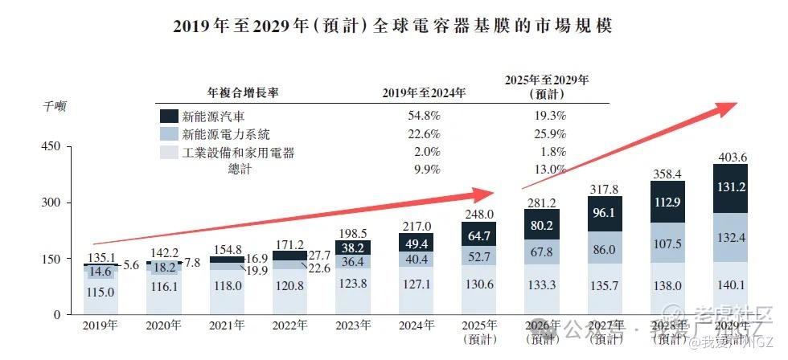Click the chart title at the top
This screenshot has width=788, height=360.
coord(393,26)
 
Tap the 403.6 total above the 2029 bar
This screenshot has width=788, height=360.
coord(730,157)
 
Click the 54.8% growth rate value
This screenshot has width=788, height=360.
coord(424,116)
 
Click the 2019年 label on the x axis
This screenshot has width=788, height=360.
coord(100,326)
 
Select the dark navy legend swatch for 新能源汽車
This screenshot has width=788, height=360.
coord(168,116)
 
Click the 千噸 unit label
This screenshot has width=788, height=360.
coord(55,105)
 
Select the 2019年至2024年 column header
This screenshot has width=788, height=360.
coord(424,92)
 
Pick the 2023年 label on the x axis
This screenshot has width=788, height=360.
coord(352,326)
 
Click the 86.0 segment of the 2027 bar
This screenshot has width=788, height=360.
coord(605,249)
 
